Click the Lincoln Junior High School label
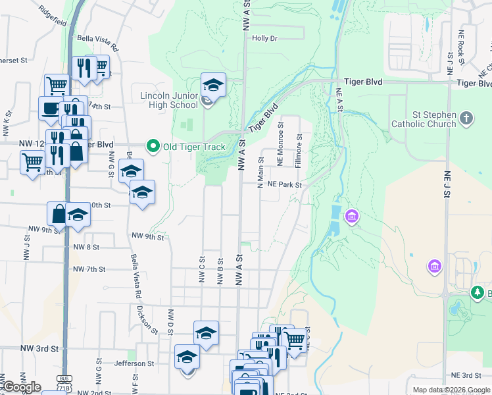point(169,100)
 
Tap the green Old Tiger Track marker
point(153,146)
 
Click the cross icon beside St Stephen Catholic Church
point(466,119)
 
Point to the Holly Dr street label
point(264,38)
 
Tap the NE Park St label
point(284,185)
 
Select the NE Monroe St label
point(280,143)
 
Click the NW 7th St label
point(89,269)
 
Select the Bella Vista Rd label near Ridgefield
point(97,43)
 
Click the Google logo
point(22,387)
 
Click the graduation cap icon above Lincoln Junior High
point(212,85)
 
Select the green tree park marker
point(476,293)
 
